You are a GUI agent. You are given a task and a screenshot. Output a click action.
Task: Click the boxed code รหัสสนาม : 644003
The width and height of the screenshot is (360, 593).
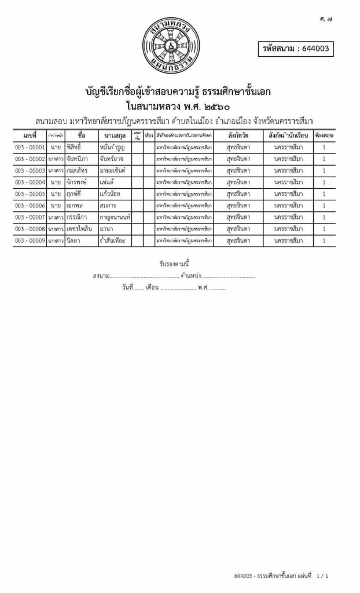click(296, 49)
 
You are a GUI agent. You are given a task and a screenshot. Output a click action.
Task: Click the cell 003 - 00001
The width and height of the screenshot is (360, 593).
click(30, 147)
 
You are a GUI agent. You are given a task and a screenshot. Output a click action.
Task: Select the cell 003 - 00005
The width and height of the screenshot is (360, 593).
click(30, 193)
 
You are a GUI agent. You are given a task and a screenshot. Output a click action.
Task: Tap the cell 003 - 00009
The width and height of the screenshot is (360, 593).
click(30, 240)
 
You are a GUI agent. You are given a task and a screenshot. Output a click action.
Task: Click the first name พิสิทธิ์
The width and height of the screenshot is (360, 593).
click(78, 147)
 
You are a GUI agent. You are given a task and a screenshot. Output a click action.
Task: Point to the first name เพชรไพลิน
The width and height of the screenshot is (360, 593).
click(80, 228)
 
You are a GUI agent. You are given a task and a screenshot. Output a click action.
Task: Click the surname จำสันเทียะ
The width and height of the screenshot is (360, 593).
click(113, 240)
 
